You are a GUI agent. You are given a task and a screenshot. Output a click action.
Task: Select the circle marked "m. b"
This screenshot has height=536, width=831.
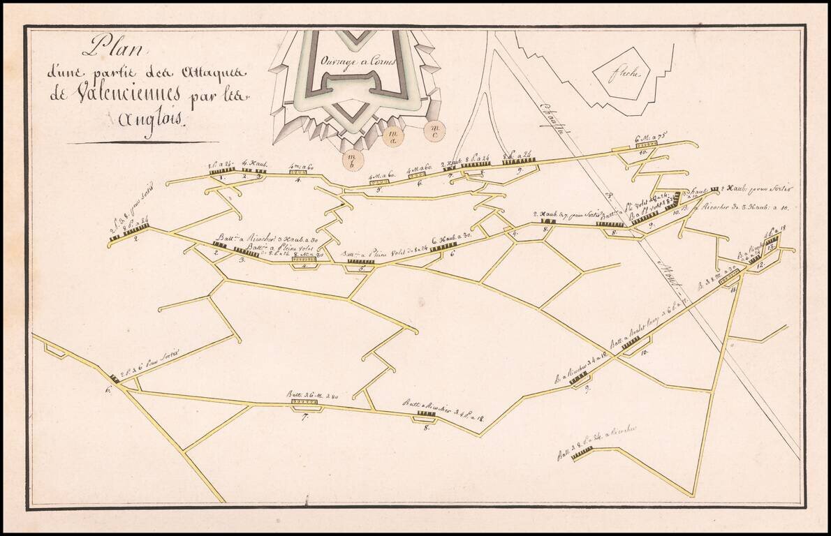click(353, 160)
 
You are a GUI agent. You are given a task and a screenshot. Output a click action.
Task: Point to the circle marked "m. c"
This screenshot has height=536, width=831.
click(434, 129)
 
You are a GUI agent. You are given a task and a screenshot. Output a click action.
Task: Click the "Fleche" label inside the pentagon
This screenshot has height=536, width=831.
click(621, 73)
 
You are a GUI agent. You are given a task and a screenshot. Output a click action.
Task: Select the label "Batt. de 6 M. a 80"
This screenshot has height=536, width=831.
click(313, 394)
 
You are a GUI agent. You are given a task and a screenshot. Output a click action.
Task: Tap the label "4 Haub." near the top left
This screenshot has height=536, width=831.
click(251, 164)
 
